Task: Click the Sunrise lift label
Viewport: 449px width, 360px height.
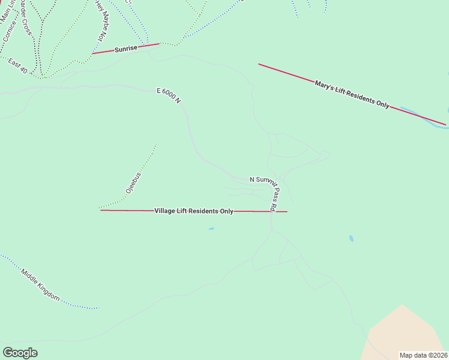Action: click(x=127, y=48)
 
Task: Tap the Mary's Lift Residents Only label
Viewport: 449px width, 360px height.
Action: click(x=352, y=93)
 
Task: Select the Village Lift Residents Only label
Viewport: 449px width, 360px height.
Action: click(x=194, y=211)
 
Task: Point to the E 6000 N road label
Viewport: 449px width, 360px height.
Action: click(x=169, y=96)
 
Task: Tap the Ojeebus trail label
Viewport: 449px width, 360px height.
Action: click(x=133, y=182)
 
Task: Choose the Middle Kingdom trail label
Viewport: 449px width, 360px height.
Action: click(x=41, y=284)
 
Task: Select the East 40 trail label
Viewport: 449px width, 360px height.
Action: click(x=17, y=66)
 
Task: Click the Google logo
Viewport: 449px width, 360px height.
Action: click(x=20, y=353)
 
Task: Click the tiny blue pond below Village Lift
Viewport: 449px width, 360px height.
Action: click(x=211, y=229)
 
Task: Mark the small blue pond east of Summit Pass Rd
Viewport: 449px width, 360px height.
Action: click(x=351, y=238)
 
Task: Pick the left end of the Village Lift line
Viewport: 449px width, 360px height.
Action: click(x=101, y=210)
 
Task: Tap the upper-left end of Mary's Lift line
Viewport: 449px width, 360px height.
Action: click(x=259, y=64)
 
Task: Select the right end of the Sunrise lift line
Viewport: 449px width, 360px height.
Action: click(x=159, y=43)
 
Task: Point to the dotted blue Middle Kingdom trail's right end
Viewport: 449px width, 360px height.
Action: click(x=97, y=309)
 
